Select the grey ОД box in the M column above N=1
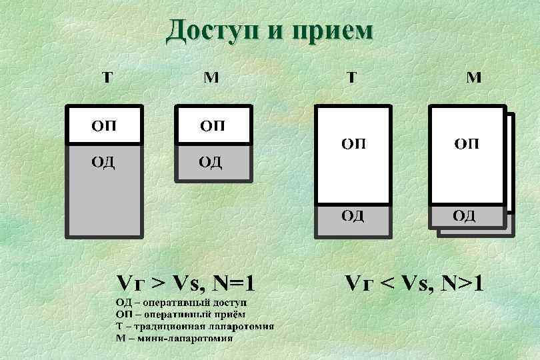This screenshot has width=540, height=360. point(213,162)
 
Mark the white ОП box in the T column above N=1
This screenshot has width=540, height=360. point(103,125)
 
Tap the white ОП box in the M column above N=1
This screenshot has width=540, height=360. point(213,125)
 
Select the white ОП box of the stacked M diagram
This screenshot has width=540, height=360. point(466,155)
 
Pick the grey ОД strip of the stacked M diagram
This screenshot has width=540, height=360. point(466,216)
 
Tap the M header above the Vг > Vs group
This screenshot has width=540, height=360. point(211,77)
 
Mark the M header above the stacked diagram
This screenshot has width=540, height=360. point(473,77)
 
